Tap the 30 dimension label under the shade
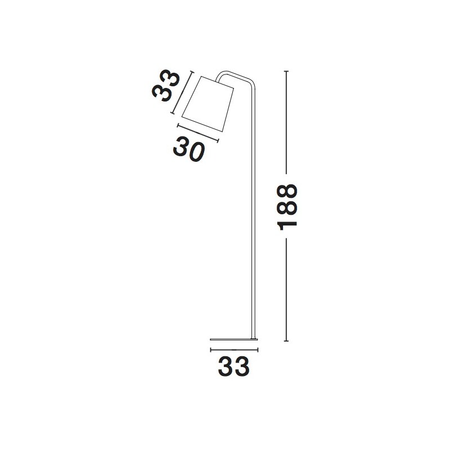(x=189, y=149)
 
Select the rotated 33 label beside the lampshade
(x=165, y=86)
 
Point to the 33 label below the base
(x=233, y=366)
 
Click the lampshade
(x=207, y=104)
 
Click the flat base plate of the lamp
(x=234, y=339)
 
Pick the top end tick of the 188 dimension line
(x=286, y=71)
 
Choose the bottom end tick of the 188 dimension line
(x=286, y=341)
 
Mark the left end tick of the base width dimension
(x=210, y=350)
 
